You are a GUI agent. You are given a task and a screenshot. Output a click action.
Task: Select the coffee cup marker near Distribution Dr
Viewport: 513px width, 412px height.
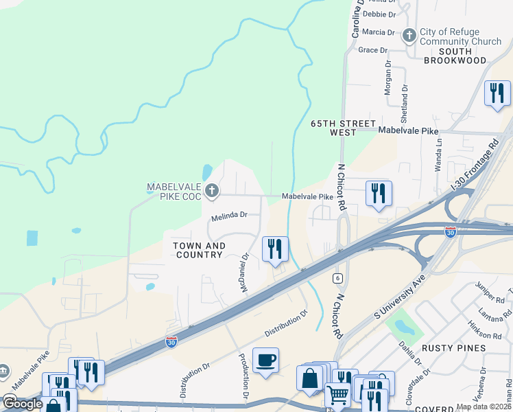265,359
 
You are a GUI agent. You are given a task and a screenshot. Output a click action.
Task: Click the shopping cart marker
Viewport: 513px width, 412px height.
337,395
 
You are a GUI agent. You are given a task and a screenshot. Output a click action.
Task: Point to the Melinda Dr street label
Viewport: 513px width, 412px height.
228,216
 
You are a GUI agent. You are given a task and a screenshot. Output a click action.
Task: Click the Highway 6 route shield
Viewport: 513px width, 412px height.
337,278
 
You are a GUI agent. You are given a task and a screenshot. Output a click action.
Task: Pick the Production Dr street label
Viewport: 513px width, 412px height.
243,376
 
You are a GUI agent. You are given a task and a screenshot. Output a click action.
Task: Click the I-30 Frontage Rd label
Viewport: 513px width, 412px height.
475,166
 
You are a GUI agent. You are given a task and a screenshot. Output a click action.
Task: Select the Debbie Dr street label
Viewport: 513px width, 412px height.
379,14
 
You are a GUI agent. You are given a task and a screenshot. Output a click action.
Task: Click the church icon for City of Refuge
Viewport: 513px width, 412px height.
409,34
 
